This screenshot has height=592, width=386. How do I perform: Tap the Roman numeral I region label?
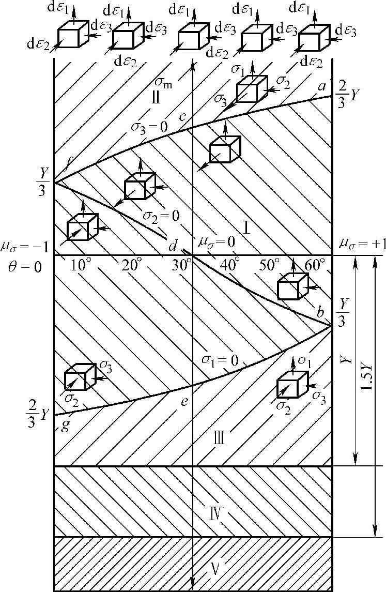pyautogui.click(x=247, y=226)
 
